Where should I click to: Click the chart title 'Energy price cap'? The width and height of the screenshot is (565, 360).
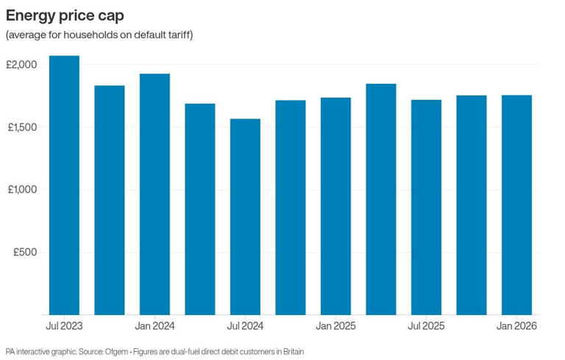(65, 15)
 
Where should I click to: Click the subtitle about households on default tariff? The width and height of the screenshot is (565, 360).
(99, 35)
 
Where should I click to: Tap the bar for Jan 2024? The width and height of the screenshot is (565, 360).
(154, 194)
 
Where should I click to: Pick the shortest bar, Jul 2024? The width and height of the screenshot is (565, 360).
(245, 217)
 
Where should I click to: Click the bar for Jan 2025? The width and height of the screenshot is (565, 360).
(335, 206)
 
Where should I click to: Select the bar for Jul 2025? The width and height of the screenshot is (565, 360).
(426, 208)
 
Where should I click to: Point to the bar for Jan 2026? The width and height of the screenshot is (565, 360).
(516, 205)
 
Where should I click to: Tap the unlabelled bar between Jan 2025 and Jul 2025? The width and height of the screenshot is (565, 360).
(381, 200)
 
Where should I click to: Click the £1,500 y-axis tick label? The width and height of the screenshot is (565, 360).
(21, 127)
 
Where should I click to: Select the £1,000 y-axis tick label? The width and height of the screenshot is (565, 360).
(21, 190)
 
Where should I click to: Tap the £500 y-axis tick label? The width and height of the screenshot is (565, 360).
(24, 253)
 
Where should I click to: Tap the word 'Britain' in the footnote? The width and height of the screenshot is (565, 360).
(291, 352)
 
